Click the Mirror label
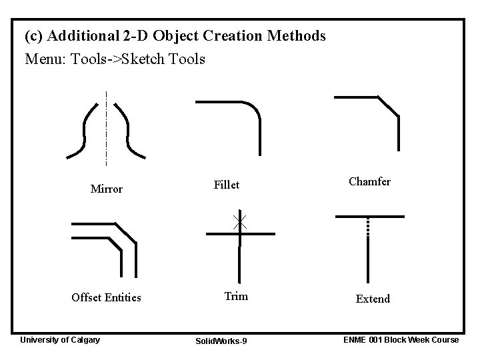107,189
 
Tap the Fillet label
226,185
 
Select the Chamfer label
369,181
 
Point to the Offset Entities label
106,297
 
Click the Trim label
236,296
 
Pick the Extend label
373,299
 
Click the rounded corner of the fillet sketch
253,109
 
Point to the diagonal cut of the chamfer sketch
388,106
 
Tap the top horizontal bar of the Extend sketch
370,216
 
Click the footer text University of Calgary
60,340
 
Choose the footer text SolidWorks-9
221,341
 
